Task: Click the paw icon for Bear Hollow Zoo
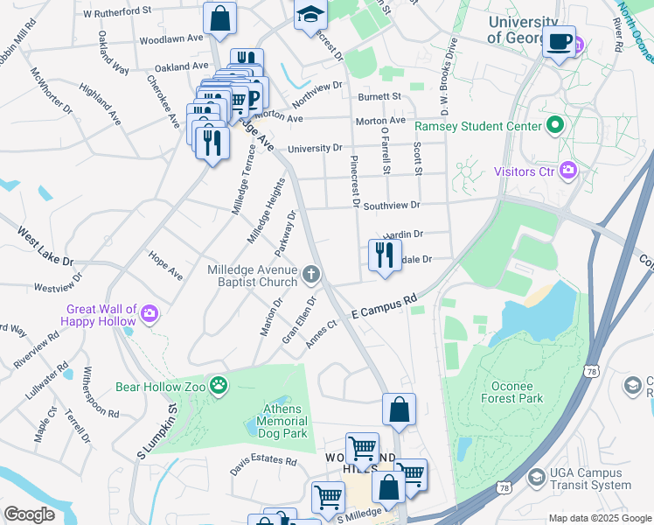(219, 385)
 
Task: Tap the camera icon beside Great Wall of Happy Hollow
(150, 313)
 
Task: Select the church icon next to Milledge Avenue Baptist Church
(310, 276)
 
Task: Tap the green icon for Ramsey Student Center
(554, 127)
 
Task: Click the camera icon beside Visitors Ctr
(569, 171)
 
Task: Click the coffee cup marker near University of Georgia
(559, 39)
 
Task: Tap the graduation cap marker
(310, 15)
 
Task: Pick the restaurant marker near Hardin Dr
(384, 255)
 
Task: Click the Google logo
(29, 514)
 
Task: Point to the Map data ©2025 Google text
(600, 518)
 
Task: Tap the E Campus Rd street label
(384, 305)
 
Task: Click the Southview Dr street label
(392, 205)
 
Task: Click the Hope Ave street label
(165, 266)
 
